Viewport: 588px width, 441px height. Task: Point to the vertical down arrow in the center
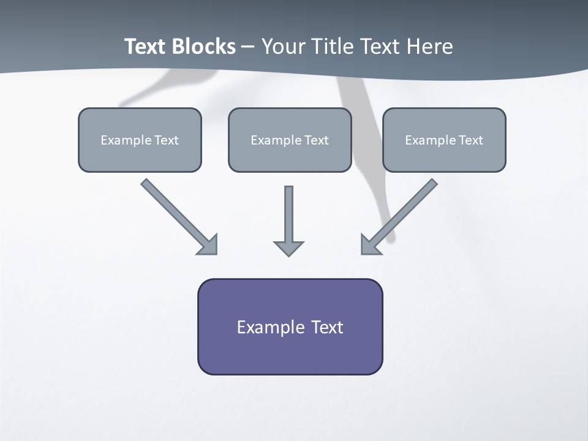click(288, 214)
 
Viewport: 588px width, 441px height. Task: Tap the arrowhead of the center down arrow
click(288, 249)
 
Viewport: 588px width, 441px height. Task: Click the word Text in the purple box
click(327, 327)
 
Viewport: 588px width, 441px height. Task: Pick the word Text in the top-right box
click(470, 140)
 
